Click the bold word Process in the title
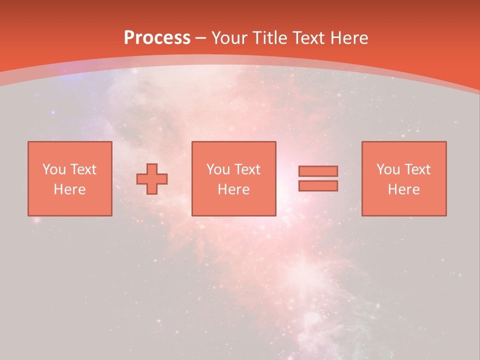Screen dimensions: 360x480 pos(157,38)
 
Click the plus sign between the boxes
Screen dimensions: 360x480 pos(152,179)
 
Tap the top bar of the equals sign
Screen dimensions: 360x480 pos(318,171)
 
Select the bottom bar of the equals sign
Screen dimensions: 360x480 pos(318,186)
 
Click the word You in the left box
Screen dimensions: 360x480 pos(54,169)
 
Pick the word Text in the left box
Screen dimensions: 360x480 pos(83,169)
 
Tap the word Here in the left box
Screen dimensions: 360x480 pos(69,189)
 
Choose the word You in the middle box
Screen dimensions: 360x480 pos(218,169)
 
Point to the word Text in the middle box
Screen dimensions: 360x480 pos(247,169)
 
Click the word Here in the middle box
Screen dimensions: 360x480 pos(233,189)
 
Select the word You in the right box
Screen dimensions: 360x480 pos(388,169)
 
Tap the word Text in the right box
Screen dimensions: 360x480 pos(417,169)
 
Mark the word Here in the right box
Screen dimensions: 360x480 pos(403,189)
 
